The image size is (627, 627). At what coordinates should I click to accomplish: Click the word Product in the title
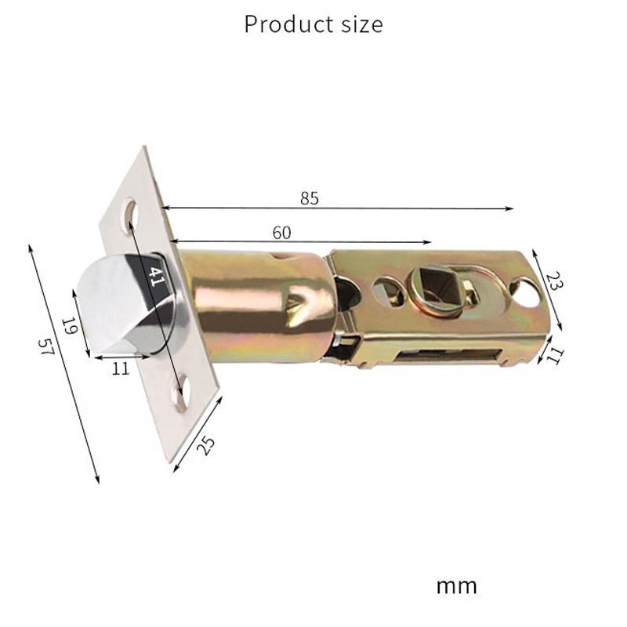[281, 24]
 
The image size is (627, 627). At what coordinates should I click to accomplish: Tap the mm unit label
[456, 585]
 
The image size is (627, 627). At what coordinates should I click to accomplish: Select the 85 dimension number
[310, 198]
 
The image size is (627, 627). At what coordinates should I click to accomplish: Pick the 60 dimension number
[281, 232]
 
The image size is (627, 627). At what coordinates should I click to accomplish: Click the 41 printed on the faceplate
[157, 276]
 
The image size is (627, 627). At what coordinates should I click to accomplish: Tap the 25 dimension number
[205, 445]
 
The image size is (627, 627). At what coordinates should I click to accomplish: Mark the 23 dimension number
[553, 281]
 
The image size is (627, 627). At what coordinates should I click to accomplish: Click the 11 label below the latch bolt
[120, 368]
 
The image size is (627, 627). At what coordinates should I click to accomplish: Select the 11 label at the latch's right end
[555, 355]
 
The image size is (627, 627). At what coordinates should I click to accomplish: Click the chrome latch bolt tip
[118, 306]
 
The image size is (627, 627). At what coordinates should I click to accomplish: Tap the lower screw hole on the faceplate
[181, 390]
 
